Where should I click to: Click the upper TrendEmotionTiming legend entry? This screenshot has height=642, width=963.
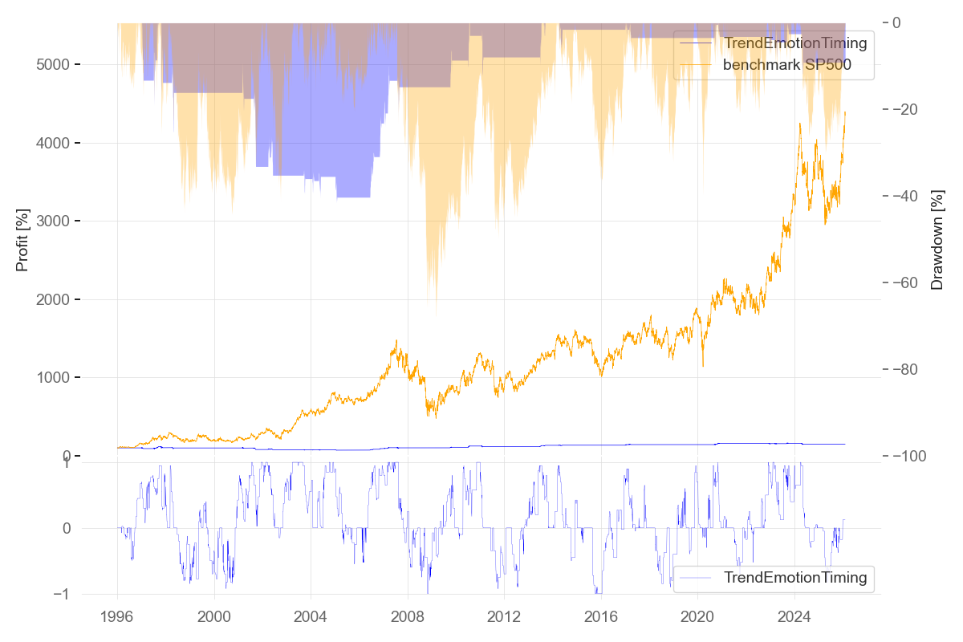click(794, 43)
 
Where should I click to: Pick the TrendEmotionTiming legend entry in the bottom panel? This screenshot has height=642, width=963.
click(794, 577)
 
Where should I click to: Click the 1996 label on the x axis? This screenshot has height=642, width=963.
click(117, 617)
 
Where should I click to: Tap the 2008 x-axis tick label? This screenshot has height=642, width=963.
click(407, 617)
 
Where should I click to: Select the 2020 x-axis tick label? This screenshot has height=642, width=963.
click(697, 617)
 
